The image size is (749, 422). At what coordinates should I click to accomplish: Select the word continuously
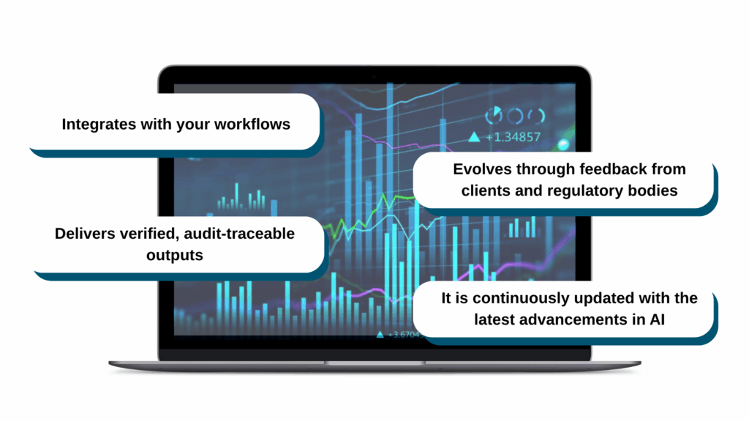pos(523,299)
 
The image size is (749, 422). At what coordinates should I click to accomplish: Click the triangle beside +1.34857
pos(474,136)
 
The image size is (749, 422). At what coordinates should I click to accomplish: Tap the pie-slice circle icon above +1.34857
pos(494,114)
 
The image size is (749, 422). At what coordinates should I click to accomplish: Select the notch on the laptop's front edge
pos(374,363)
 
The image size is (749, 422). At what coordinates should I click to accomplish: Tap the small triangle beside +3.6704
pos(380,334)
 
